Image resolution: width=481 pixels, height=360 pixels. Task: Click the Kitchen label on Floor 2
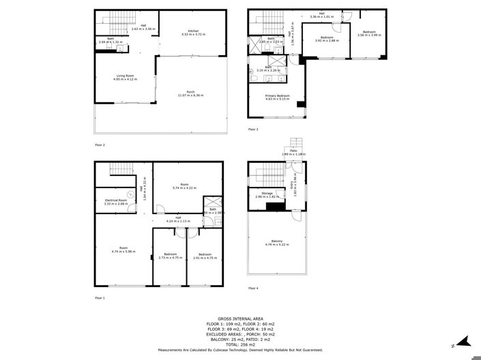pyautogui.click(x=192, y=31)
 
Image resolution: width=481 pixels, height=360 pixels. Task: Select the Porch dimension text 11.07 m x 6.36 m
pyautogui.click(x=190, y=95)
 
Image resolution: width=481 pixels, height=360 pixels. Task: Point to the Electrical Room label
pyautogui.click(x=115, y=200)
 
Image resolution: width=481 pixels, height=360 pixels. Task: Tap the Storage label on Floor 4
pyautogui.click(x=267, y=193)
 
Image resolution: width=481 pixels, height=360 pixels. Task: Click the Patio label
pyautogui.click(x=294, y=152)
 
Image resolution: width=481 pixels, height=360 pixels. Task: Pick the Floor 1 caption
pyautogui.click(x=100, y=298)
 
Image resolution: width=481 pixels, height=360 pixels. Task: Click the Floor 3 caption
pyautogui.click(x=253, y=129)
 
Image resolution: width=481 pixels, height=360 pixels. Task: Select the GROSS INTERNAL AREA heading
pyautogui.click(x=240, y=318)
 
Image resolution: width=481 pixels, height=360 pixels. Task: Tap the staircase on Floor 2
pyautogui.click(x=109, y=20)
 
